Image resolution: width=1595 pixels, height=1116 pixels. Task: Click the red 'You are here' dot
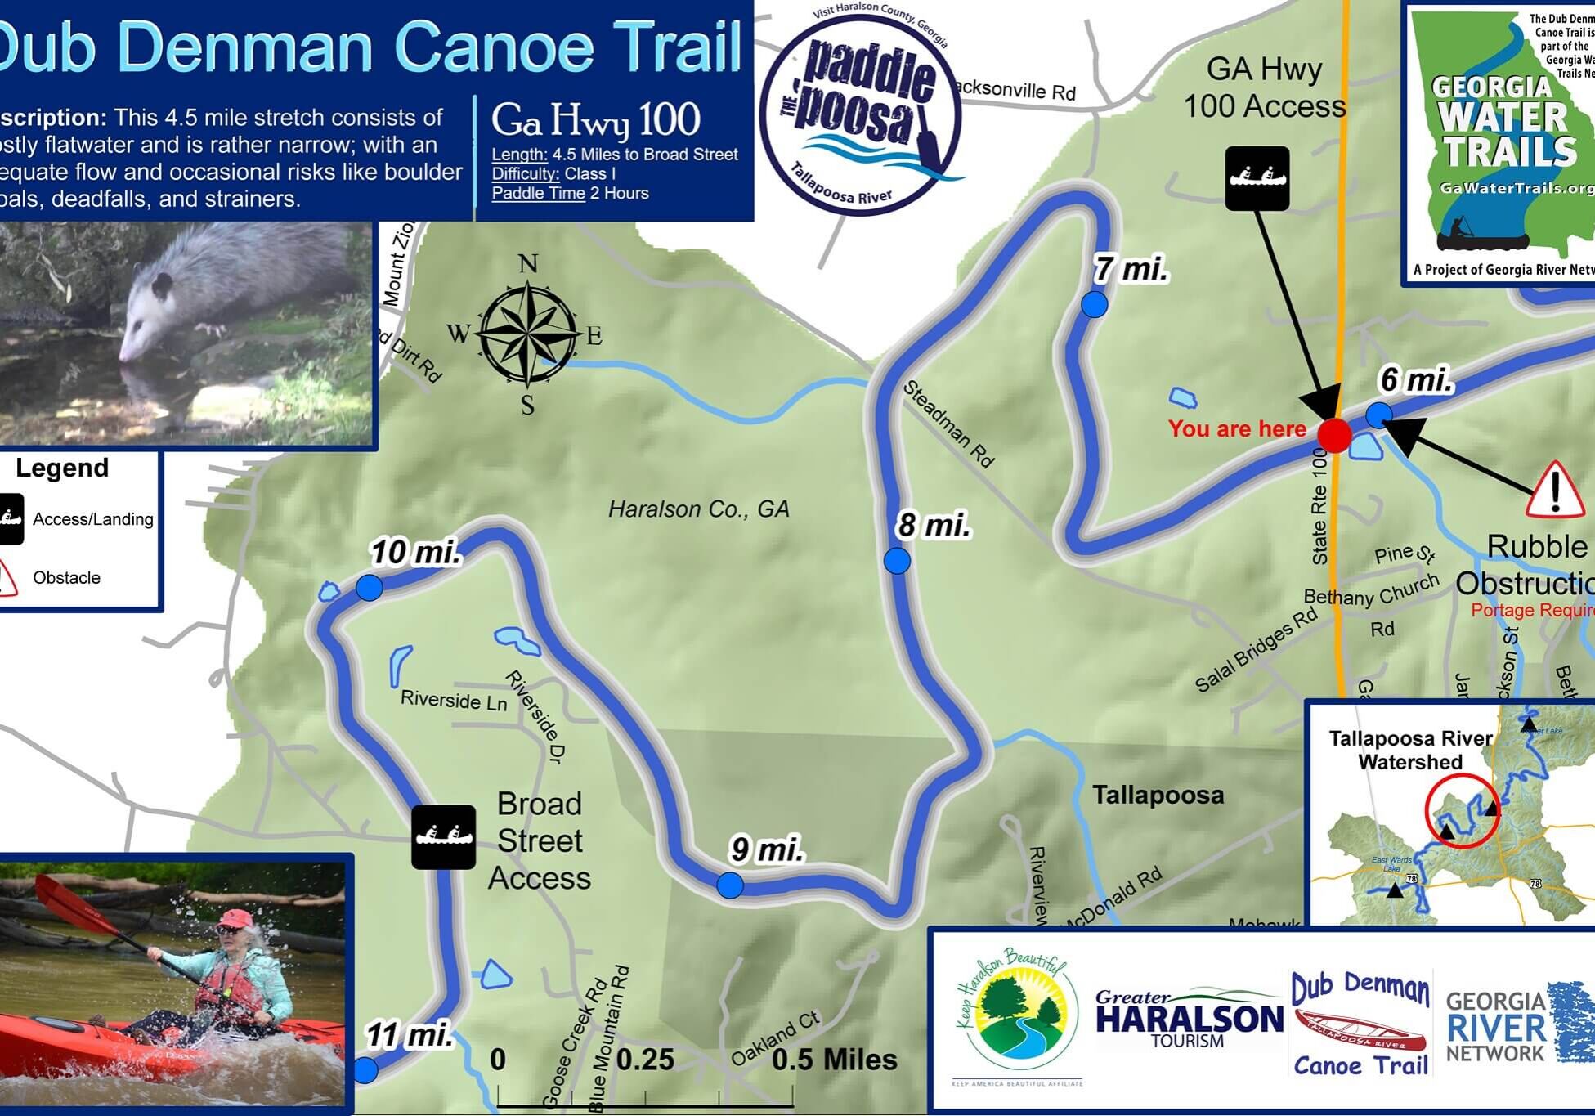point(1334,435)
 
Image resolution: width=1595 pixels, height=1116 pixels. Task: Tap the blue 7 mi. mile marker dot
point(1094,305)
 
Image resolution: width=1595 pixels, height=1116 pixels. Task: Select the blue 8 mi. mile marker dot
point(897,561)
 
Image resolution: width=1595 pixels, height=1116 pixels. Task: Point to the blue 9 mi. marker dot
point(730,885)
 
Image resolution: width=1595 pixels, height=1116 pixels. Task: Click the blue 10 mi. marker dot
point(369,587)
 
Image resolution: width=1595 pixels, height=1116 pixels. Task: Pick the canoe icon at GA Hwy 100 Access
point(1257,178)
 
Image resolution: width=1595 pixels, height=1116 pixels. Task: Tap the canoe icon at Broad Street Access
point(443,836)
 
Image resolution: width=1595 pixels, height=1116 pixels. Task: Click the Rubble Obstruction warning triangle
point(1555,491)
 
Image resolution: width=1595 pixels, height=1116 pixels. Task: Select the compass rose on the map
point(527,334)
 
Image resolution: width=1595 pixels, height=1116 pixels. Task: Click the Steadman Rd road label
point(948,424)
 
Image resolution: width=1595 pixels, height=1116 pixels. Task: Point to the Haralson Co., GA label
point(698,509)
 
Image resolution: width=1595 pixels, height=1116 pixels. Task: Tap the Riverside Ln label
point(454,700)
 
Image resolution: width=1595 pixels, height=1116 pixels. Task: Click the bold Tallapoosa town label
point(1158,795)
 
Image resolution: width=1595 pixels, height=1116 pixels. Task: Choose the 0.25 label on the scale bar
point(644,1060)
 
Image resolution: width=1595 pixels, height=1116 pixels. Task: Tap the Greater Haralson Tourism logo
point(1189,1019)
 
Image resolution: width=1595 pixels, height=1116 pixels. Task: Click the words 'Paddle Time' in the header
point(538,194)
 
